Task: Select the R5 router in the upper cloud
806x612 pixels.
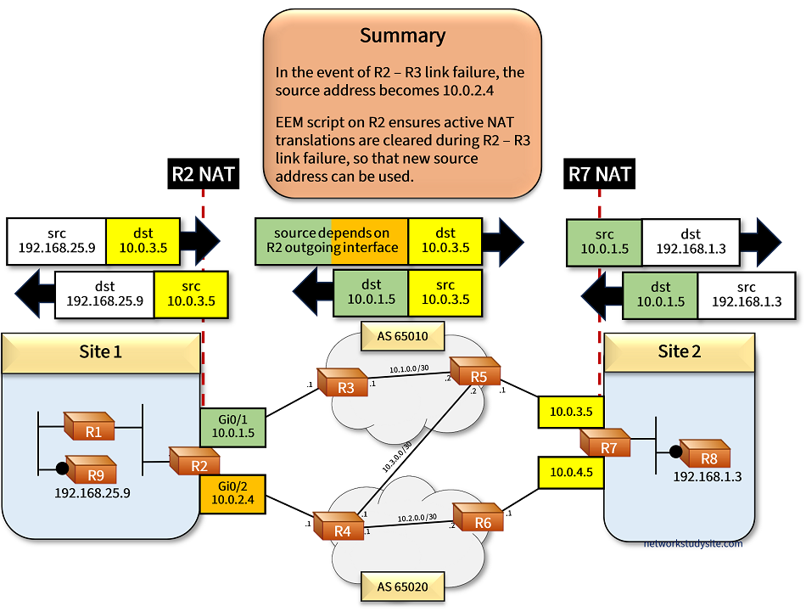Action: (x=475, y=373)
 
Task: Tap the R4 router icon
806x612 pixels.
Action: (x=337, y=527)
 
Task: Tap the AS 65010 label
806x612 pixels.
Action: (x=403, y=336)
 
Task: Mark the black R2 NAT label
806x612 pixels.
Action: (x=203, y=175)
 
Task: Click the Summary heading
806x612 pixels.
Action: (x=402, y=36)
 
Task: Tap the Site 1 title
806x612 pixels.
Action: (x=100, y=351)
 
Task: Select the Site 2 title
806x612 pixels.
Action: (x=679, y=351)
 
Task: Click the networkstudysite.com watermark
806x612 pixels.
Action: (x=693, y=543)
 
